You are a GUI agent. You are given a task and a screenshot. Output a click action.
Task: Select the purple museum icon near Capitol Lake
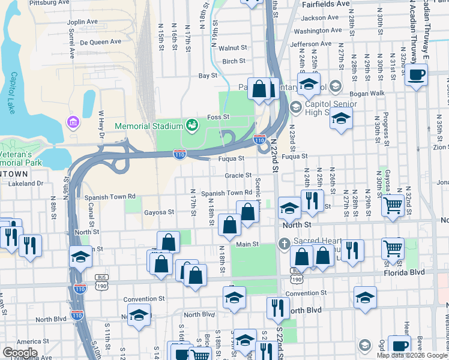[74, 123]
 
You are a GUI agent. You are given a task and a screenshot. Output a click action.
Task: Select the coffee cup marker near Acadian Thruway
[417, 74]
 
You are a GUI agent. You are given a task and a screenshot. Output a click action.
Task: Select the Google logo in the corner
[20, 353]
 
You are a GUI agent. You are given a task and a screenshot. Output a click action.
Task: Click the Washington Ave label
[318, 31]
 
